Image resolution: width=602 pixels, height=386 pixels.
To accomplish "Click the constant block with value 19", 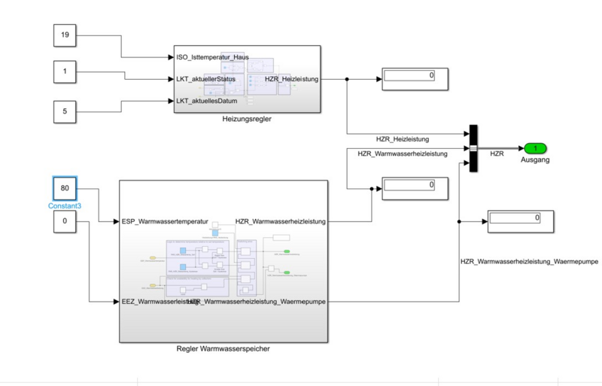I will click(x=65, y=35).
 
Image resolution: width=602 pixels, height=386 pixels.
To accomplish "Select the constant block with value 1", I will click(x=65, y=72).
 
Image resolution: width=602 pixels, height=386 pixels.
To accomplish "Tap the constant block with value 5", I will click(x=65, y=112).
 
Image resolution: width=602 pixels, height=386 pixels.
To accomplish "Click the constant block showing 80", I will click(x=65, y=188).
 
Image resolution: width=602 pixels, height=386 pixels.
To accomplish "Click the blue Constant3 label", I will click(x=65, y=205).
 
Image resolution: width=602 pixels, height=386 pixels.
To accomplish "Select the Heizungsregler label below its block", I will click(x=247, y=120).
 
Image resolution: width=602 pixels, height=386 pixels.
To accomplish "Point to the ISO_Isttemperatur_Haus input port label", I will click(x=213, y=57).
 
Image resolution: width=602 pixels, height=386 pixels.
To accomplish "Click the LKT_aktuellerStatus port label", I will click(x=206, y=78).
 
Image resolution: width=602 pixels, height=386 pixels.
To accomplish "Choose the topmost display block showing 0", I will click(x=416, y=78).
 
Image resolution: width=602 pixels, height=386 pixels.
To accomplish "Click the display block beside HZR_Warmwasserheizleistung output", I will click(x=416, y=186).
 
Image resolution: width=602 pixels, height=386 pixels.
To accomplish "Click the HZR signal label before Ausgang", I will click(x=497, y=154).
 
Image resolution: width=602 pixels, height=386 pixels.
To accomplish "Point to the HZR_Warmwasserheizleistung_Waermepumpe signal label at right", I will click(x=519, y=261).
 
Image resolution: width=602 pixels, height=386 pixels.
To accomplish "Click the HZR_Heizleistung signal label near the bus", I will click(x=403, y=139).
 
